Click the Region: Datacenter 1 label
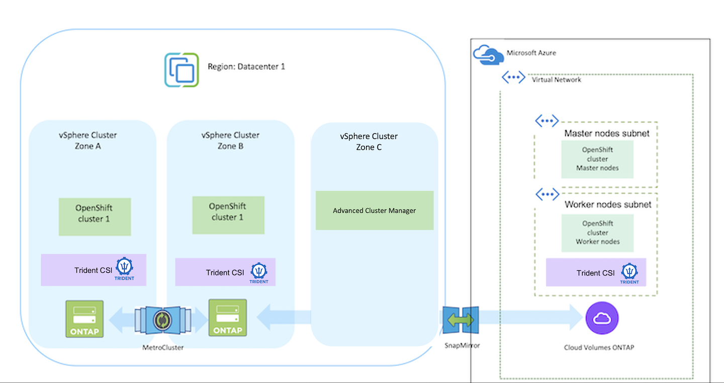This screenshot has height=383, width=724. [246, 66]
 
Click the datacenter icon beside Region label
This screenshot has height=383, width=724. [181, 70]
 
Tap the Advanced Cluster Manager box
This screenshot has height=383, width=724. [374, 210]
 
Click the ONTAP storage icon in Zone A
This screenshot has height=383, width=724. [84, 319]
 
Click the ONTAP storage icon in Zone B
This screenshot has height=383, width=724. [228, 318]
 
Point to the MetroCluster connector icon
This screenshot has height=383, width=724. [162, 319]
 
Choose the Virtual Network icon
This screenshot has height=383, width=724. [514, 78]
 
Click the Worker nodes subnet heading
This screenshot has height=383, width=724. [608, 204]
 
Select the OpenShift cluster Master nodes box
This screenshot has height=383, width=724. [597, 159]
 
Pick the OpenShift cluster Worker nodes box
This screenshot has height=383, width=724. [597, 233]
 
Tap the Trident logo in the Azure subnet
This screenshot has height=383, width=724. [629, 272]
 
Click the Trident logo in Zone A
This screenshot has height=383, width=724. [125, 268]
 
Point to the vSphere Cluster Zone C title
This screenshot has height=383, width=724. [369, 141]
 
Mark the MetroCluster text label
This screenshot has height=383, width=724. [163, 347]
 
